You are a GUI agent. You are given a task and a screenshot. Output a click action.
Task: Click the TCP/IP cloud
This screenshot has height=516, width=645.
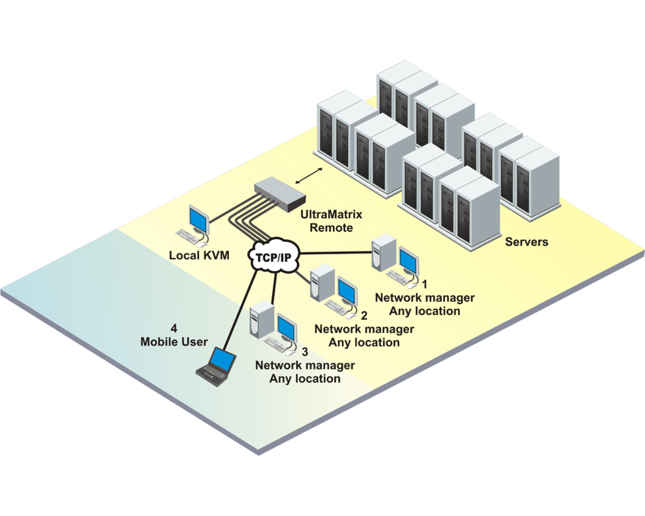(x=271, y=256)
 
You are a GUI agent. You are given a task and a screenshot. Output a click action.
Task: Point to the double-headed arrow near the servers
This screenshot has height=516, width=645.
(x=316, y=173)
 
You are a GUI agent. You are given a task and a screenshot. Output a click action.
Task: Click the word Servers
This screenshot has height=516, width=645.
(x=526, y=243)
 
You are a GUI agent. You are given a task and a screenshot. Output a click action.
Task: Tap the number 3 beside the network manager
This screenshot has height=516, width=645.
(x=305, y=352)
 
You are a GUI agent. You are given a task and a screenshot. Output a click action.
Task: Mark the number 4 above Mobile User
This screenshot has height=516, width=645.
(x=173, y=327)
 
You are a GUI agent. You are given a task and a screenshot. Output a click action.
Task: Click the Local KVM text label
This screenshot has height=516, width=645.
(x=199, y=255)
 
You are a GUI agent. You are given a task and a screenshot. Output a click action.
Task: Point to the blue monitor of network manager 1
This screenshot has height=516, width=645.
(x=408, y=258)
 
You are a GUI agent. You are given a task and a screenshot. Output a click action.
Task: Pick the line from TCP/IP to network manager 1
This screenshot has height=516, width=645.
(x=335, y=253)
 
